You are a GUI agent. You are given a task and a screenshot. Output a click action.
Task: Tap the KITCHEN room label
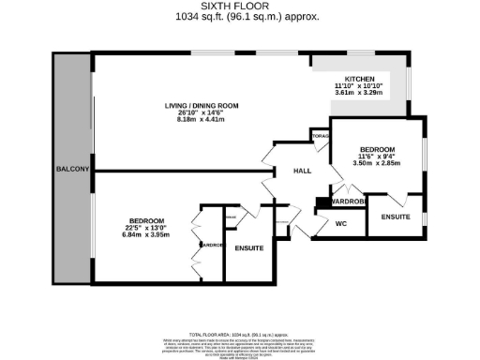(360, 79)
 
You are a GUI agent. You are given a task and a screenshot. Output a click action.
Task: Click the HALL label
(302, 172)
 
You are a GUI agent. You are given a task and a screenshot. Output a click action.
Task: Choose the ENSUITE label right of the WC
(396, 217)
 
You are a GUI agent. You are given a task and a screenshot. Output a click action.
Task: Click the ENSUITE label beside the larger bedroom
(249, 247)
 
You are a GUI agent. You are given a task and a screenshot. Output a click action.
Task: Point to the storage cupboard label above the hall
(320, 135)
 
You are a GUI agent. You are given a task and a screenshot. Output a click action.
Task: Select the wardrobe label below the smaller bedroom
(348, 202)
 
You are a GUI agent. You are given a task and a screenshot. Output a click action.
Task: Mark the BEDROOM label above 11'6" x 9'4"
(376, 149)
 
